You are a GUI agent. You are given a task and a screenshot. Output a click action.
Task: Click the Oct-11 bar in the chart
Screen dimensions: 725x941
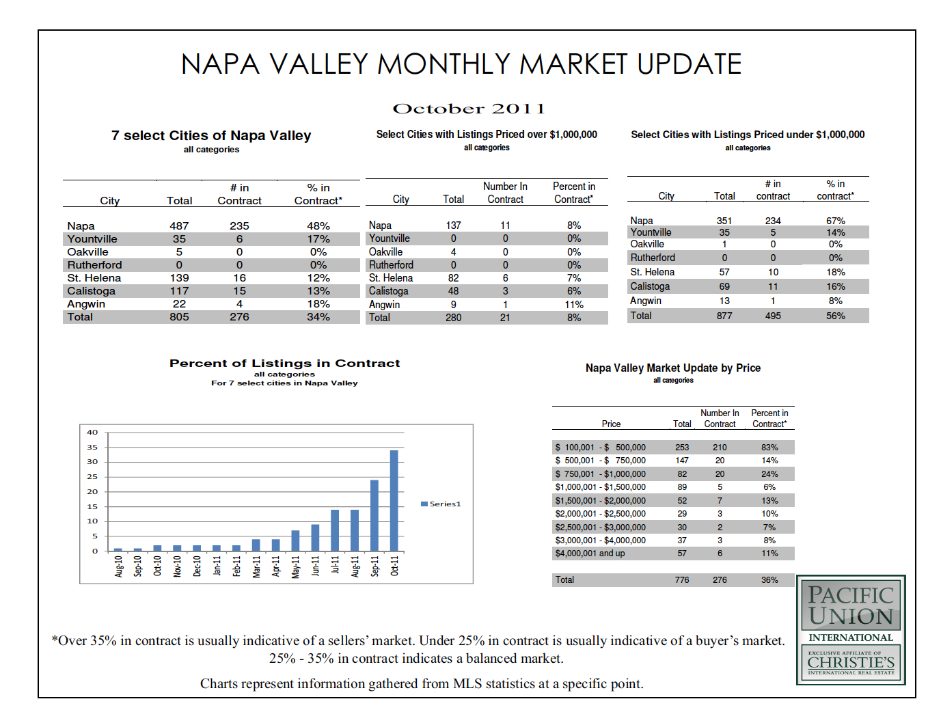coord(394,500)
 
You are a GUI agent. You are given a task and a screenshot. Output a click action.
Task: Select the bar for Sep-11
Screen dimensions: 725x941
coord(374,516)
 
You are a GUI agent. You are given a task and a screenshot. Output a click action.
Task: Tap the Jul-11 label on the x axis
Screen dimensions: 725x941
coord(335,566)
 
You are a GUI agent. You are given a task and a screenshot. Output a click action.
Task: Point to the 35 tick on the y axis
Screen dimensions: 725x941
coord(92,447)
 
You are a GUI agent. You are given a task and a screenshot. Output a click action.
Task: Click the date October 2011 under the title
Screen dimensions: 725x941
coord(469,109)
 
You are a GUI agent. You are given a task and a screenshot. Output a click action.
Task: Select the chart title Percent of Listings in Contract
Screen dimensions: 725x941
coord(284,364)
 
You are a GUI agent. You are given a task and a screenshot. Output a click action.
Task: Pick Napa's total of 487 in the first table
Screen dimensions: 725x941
coord(179,226)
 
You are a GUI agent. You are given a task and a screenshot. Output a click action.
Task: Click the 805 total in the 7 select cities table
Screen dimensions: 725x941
coord(179,317)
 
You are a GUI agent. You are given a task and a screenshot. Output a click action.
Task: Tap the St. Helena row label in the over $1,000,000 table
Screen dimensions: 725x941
coord(391,278)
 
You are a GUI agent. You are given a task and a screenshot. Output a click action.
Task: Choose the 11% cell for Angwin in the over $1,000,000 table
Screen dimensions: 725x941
coord(573,305)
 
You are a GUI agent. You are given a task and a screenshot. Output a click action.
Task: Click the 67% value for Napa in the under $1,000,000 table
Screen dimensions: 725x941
coord(835,221)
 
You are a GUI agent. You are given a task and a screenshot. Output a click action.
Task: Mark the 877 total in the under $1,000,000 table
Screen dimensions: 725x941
coord(724,316)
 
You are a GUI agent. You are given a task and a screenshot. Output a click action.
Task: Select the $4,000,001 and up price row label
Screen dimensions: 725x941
coord(590,553)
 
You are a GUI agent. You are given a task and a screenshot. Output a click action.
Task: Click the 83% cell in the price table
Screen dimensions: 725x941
coord(769,448)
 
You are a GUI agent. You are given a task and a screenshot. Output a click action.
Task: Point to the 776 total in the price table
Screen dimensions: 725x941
coord(681,580)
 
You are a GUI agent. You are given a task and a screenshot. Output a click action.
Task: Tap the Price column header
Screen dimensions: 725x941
coord(611,424)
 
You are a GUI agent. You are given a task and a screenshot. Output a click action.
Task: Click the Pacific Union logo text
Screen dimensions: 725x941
coord(851,605)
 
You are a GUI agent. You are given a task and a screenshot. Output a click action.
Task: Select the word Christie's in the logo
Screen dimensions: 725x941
coord(851,662)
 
